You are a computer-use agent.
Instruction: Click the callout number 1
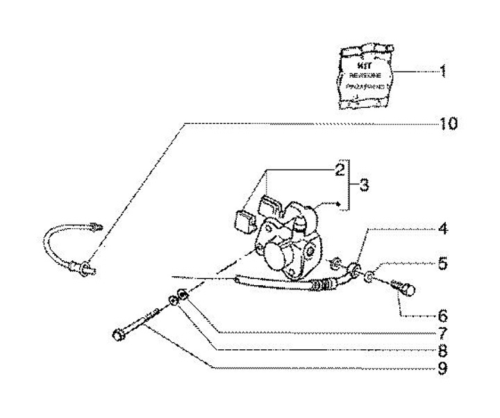[443, 71]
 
